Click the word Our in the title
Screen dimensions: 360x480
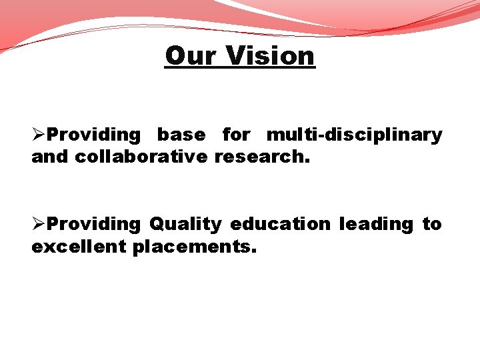tap(189, 55)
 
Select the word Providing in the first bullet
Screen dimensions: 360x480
tap(94, 135)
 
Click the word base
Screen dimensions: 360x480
tap(181, 135)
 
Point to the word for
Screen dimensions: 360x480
tap(236, 135)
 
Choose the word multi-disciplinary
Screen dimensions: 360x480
tap(354, 135)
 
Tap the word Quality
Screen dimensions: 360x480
tap(185, 225)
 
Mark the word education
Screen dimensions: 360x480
tap(280, 224)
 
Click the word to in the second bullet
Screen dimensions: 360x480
tap(432, 224)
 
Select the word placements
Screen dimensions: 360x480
tap(191, 247)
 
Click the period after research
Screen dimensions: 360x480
tap(307, 161)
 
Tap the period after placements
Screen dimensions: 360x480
tap(253, 251)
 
